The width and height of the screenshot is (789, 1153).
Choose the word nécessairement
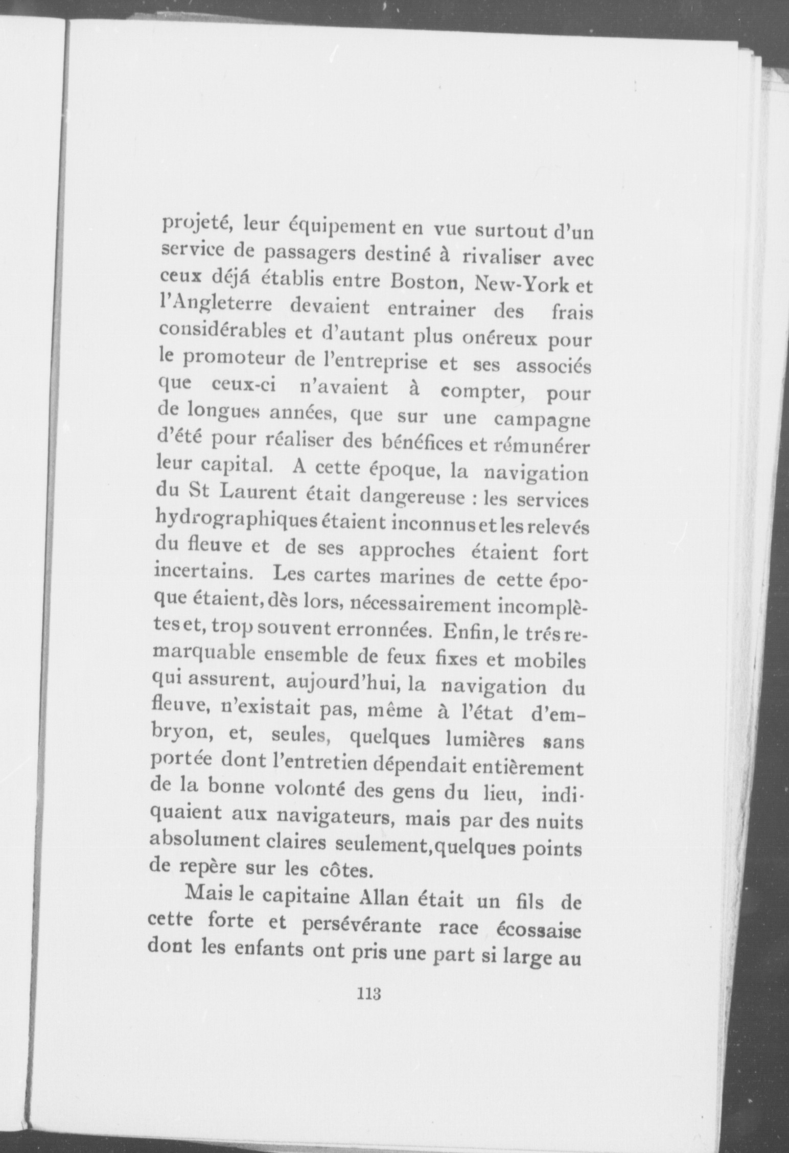click(414, 607)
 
